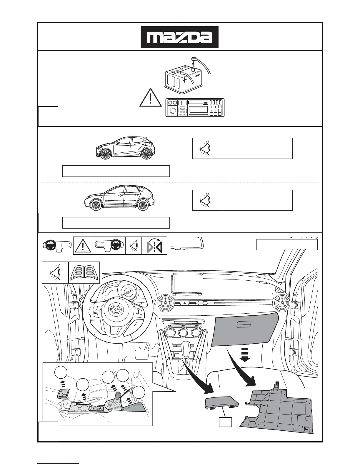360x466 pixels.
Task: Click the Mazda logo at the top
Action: coord(179,37)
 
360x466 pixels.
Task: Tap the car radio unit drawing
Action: coord(195,108)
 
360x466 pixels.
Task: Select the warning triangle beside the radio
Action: coord(150,98)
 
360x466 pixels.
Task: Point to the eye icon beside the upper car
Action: coord(205,149)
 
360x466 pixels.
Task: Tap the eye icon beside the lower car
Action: coord(205,200)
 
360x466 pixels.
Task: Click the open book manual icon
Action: coord(84,273)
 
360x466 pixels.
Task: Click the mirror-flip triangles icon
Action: coord(155,245)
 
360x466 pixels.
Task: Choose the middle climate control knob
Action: coord(183,333)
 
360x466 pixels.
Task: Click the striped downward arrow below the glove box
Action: coord(245,354)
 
